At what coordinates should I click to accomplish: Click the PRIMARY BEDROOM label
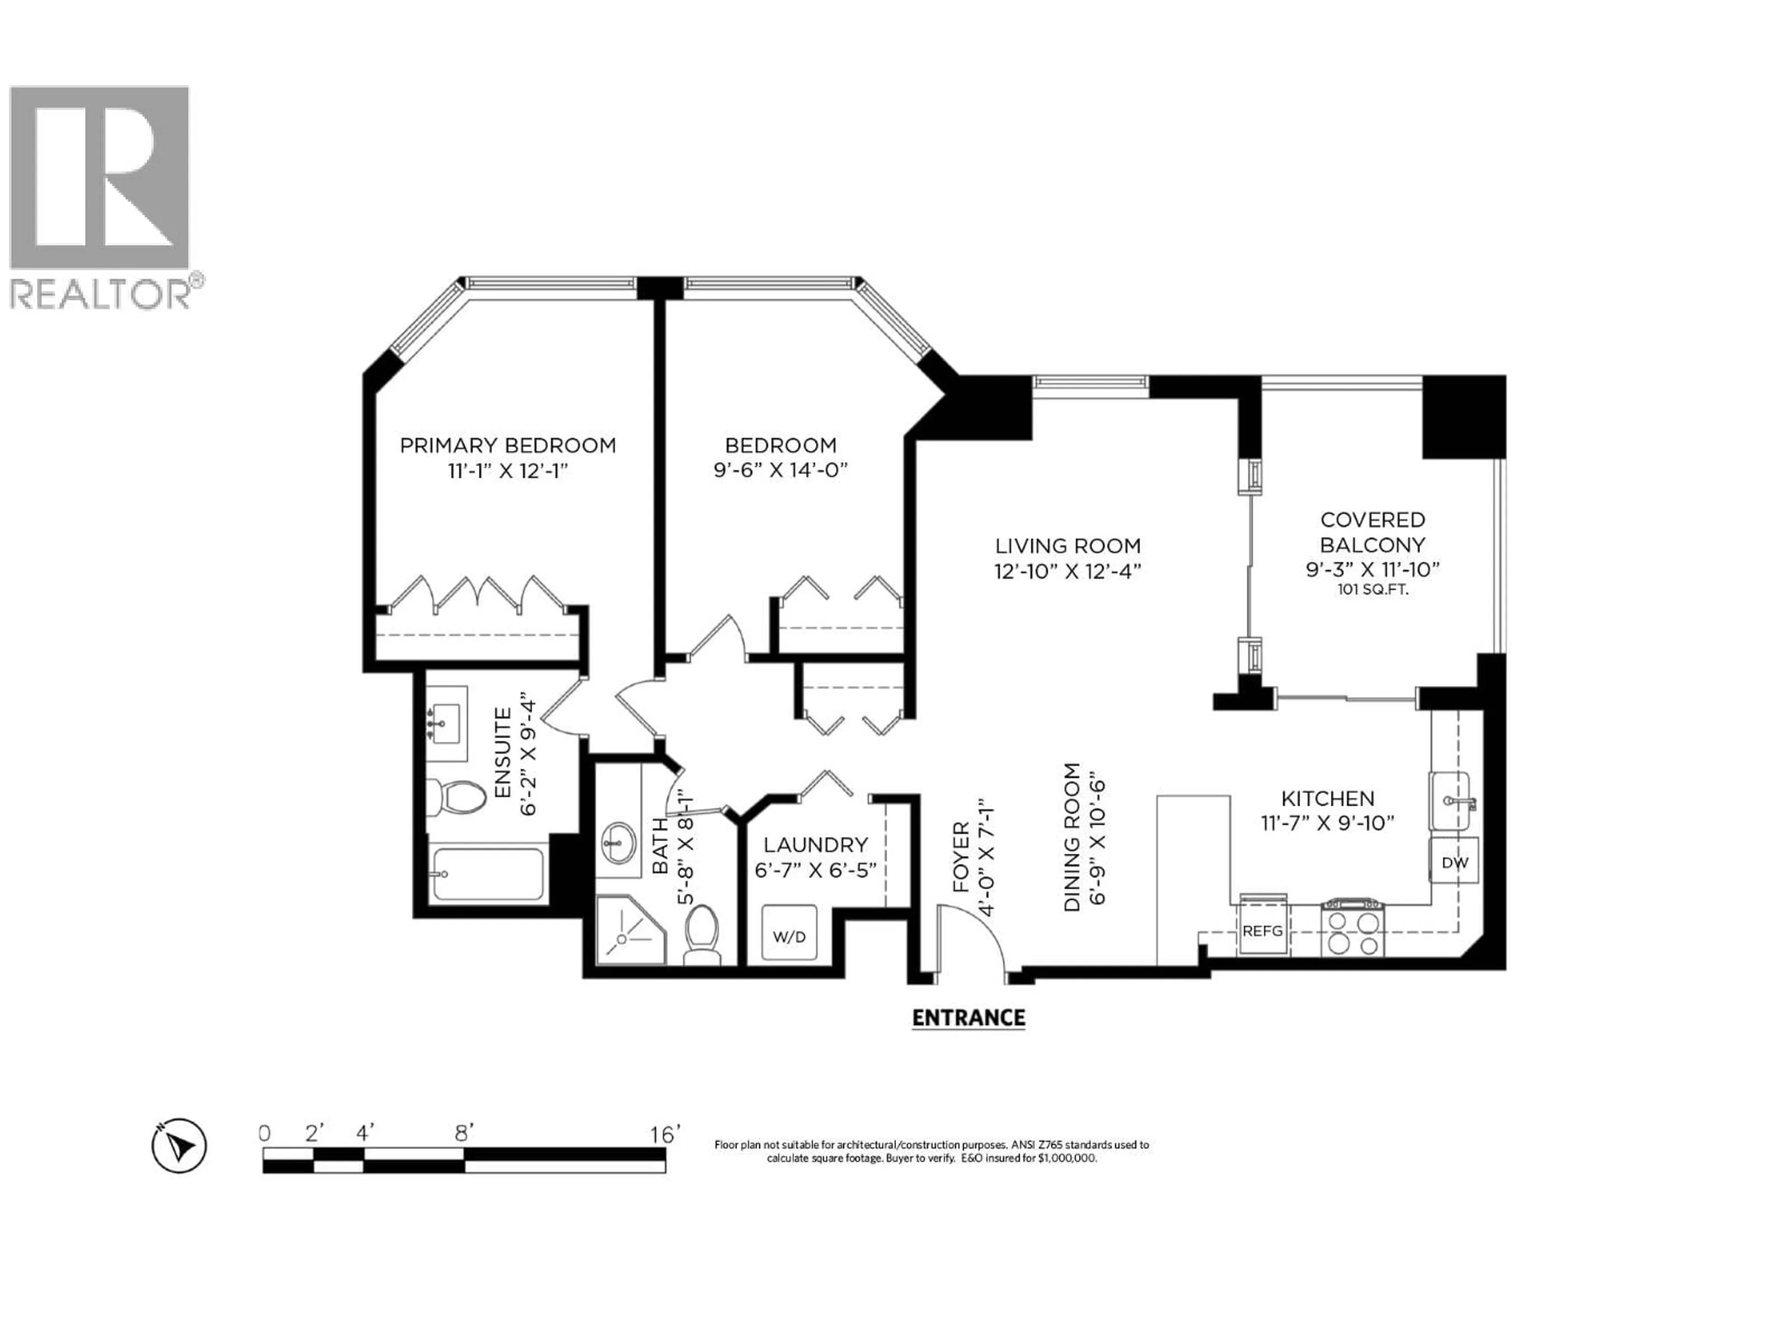coord(507,445)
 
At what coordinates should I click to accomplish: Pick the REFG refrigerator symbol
coord(1262,931)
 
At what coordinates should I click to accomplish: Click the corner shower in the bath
coord(629,931)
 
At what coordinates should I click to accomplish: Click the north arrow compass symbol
coord(179,1145)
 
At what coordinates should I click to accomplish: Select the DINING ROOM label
coord(1072,837)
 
